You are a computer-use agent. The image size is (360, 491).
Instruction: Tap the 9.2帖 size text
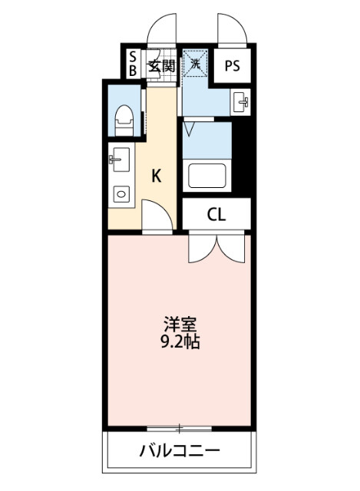(180, 341)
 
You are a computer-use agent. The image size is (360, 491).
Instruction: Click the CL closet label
(216, 215)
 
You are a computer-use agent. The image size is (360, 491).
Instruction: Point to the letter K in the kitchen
(156, 176)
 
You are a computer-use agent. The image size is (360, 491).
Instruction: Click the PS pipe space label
(233, 65)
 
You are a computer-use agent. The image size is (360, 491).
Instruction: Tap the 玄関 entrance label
(161, 65)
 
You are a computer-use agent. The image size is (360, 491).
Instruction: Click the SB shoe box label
(133, 64)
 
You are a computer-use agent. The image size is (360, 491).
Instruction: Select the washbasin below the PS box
(240, 101)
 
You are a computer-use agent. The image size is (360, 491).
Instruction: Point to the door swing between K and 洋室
(154, 216)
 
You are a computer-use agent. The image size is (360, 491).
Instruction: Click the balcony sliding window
(180, 427)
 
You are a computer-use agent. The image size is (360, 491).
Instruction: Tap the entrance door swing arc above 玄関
(163, 31)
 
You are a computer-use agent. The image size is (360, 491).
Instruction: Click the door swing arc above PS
(232, 31)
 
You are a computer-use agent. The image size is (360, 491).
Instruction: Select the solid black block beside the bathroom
(243, 153)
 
